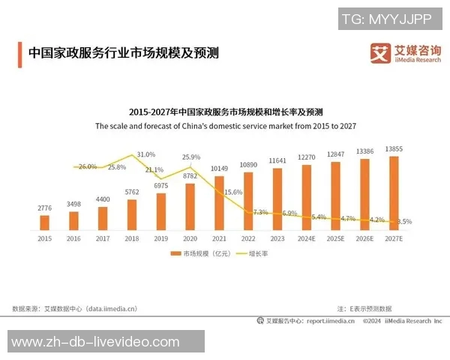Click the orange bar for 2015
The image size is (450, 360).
(44, 222)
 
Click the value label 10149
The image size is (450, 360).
(219, 168)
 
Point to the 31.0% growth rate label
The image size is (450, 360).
(145, 154)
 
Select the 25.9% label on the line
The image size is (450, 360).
(191, 157)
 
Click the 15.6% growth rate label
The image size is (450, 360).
(233, 192)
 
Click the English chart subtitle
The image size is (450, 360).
(225, 127)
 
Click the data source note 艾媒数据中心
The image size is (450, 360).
(75, 308)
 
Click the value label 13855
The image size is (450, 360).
(394, 149)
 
